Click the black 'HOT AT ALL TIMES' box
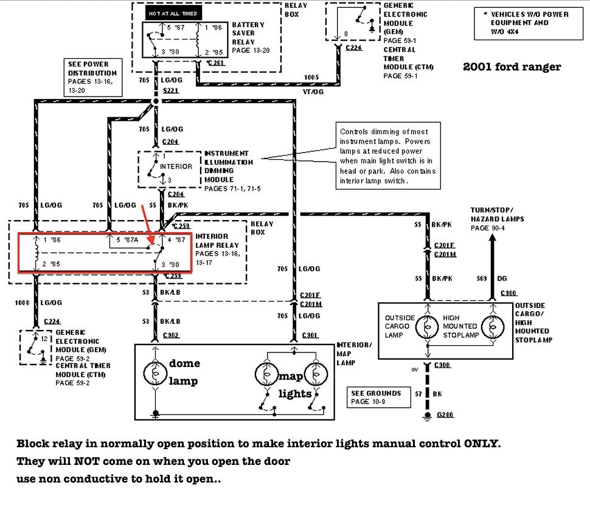point(173,13)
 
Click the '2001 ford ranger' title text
point(512,67)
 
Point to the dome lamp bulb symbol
point(155,372)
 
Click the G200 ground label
point(445,414)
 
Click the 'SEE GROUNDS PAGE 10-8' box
point(376,397)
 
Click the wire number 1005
point(311,77)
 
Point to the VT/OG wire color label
point(313,91)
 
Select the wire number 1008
point(23,302)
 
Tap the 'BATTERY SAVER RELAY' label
point(248,33)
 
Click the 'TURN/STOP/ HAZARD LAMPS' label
point(497,214)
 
